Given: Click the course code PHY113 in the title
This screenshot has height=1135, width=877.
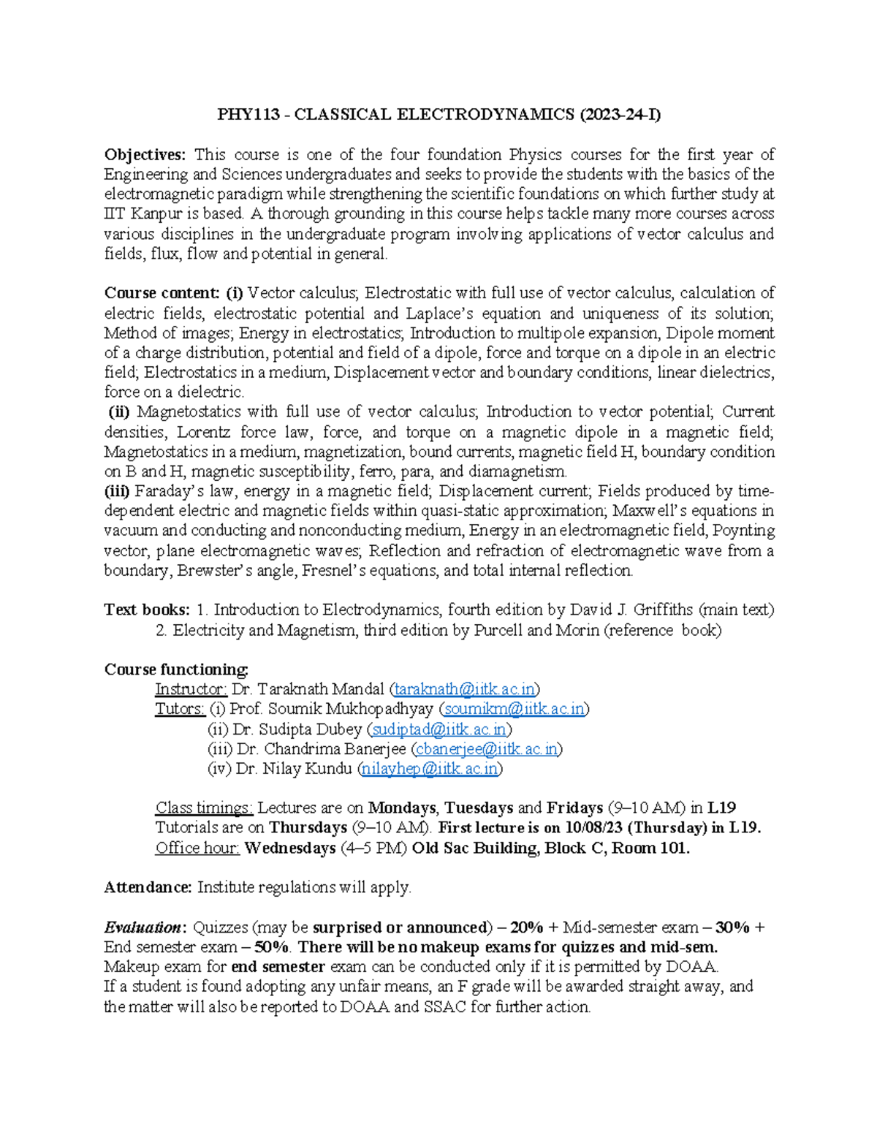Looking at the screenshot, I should [x=248, y=115].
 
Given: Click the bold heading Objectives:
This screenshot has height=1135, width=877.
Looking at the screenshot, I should [x=145, y=155].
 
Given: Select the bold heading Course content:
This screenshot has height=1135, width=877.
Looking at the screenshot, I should [x=162, y=293].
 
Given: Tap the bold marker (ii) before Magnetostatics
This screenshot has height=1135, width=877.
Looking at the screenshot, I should [x=119, y=412].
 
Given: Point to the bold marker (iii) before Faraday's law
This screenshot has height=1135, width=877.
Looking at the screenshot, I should [x=118, y=491].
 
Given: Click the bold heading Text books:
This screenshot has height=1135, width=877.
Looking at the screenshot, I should [x=147, y=610].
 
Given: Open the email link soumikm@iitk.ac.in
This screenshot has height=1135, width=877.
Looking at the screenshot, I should [x=515, y=709].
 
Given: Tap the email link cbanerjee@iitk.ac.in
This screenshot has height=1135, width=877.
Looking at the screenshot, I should [x=487, y=749].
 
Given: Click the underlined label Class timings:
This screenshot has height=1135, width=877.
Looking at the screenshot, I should [x=204, y=808].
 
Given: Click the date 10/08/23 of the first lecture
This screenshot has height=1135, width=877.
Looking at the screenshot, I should [x=592, y=828].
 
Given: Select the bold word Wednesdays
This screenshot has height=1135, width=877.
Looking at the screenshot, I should [x=290, y=849].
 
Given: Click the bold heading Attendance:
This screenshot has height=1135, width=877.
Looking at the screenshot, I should [x=148, y=888].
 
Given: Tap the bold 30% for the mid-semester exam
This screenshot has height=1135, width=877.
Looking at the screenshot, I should [x=733, y=928].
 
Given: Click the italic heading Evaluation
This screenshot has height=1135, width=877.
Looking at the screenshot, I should [x=143, y=928].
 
